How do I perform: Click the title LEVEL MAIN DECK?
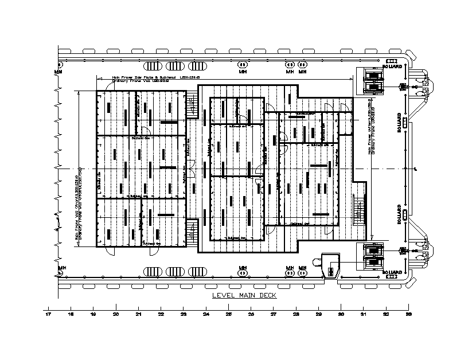[244, 295]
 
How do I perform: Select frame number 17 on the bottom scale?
[48, 315]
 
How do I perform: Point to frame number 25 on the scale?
[228, 315]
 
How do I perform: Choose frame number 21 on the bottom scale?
[138, 315]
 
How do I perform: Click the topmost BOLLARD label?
[393, 60]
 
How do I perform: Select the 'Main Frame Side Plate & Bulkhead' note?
[155, 76]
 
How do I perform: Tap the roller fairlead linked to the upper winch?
[402, 86]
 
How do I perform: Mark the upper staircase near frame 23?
[193, 105]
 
